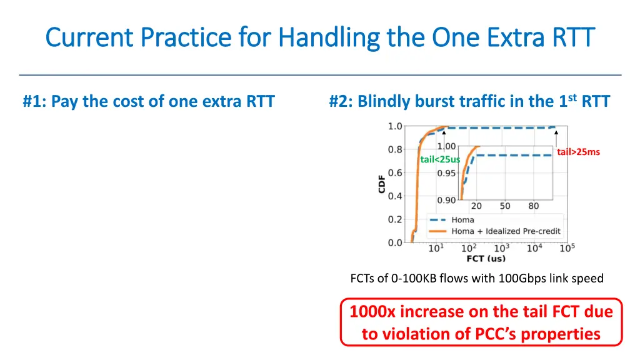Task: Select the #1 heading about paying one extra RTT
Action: (x=149, y=101)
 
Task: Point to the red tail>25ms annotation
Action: (x=578, y=152)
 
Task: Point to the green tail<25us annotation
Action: (x=440, y=159)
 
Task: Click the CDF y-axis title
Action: (x=382, y=184)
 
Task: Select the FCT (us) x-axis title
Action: (x=486, y=259)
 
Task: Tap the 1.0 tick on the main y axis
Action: (x=395, y=126)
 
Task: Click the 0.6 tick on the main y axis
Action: (x=395, y=173)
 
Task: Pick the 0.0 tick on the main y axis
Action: (x=395, y=242)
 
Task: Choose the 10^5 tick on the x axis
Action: (x=566, y=249)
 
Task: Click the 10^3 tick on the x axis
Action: (x=501, y=249)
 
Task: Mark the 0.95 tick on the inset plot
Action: (x=446, y=173)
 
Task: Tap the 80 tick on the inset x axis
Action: (x=534, y=206)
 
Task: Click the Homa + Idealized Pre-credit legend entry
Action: (x=506, y=231)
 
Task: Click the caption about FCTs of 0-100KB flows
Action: (x=477, y=278)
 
